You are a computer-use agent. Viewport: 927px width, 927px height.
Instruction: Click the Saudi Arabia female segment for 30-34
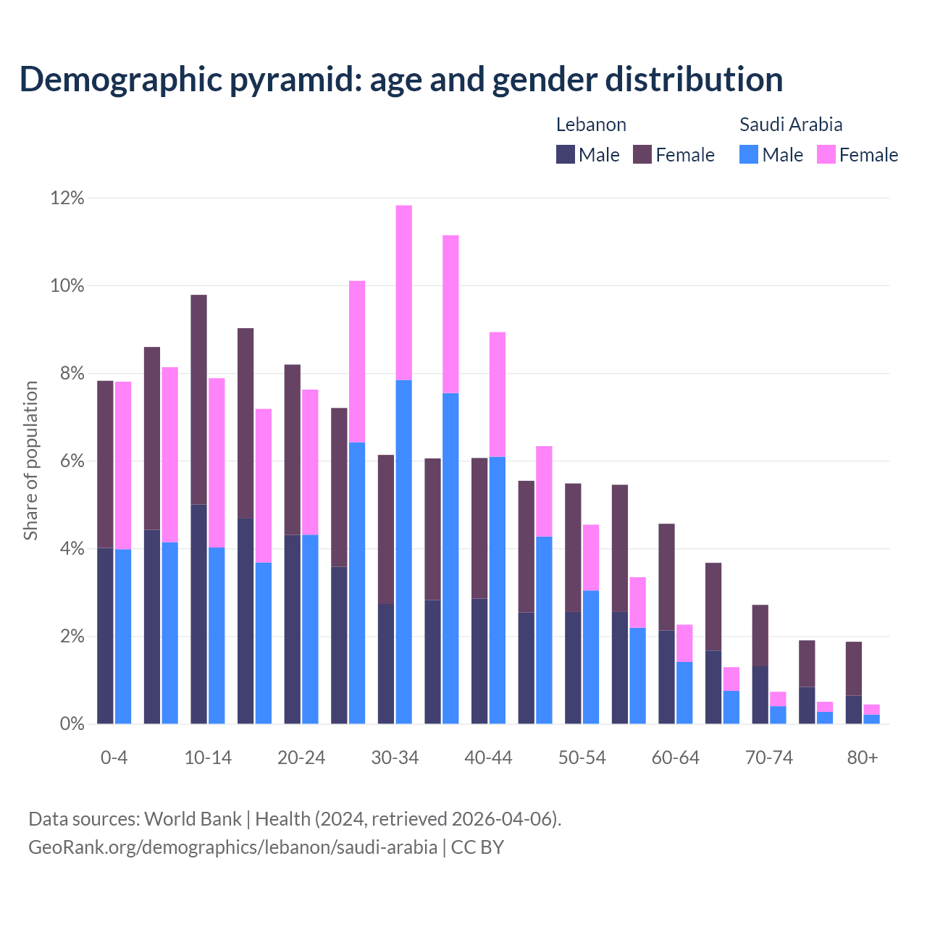(x=403, y=293)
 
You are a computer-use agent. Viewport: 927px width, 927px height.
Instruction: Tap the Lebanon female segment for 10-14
(x=198, y=399)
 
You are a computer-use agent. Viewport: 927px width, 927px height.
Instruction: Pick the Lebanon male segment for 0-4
(x=105, y=636)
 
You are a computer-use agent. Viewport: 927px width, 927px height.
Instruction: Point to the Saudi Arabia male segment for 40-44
(x=498, y=590)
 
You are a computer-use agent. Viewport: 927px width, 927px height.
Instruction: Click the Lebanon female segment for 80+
(x=854, y=668)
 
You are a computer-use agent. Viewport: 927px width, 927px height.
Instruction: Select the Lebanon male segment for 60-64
(x=666, y=677)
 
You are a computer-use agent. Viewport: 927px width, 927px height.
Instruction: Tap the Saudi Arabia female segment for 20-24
(x=310, y=462)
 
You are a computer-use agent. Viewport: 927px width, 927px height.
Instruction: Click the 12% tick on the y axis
(x=67, y=198)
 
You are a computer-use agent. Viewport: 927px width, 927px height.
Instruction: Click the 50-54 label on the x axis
(x=582, y=758)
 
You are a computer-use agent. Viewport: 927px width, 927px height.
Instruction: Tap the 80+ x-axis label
(x=863, y=758)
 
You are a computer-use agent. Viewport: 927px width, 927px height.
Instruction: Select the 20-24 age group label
(x=301, y=758)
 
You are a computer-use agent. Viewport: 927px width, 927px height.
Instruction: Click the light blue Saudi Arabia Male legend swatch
(x=749, y=154)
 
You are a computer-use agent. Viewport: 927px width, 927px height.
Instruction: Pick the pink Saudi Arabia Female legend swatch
(x=826, y=154)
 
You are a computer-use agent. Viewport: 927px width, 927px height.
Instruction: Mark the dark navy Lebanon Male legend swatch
(x=566, y=154)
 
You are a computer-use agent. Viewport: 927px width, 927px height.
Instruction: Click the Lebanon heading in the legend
(x=591, y=125)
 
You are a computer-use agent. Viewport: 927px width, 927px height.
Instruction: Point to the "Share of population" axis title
(x=31, y=461)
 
